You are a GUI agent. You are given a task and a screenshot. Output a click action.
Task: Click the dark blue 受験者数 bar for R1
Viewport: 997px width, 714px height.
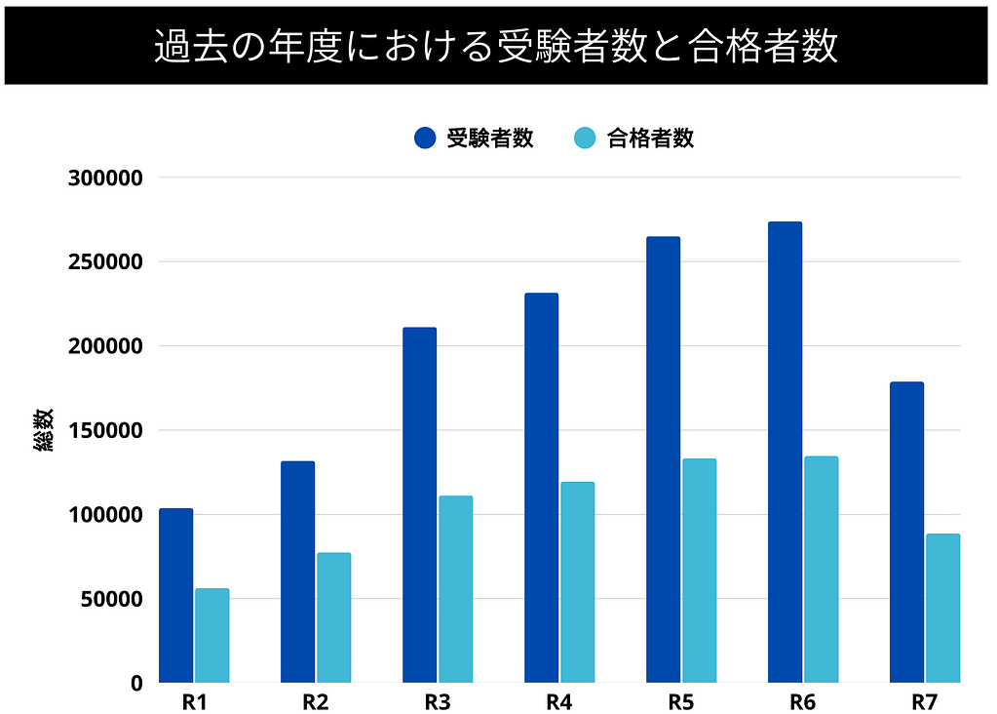pos(175,595)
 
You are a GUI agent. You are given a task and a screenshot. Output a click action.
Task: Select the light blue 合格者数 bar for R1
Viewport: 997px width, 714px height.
pos(211,635)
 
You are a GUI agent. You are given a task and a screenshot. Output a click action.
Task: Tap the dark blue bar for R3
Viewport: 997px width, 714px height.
pos(419,504)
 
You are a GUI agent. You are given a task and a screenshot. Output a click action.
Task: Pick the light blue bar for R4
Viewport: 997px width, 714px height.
pos(577,582)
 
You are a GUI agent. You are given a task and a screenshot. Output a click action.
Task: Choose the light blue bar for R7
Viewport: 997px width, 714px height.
pos(942,608)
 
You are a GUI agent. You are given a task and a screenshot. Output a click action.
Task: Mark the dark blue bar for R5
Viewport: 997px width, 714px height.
pos(663,459)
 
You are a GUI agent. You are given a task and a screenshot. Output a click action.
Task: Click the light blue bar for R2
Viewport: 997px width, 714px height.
pos(333,617)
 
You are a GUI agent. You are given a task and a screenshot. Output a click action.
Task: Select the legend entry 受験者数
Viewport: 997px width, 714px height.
pos(475,139)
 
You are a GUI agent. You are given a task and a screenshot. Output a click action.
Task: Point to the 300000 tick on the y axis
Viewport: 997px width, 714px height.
pos(106,178)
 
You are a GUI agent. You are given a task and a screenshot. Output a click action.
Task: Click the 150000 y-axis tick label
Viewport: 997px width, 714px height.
pos(106,430)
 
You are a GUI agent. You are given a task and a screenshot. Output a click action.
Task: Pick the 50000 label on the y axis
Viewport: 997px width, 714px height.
pos(111,599)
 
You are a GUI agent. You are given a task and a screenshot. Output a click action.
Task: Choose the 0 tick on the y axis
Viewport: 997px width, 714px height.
pos(137,683)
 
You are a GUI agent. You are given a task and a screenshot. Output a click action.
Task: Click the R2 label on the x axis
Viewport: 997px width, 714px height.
pos(315,701)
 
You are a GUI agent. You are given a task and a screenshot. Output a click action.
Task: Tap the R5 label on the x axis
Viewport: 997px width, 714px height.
pos(680,701)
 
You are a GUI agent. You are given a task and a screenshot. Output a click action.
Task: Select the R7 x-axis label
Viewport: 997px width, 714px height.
pos(924,701)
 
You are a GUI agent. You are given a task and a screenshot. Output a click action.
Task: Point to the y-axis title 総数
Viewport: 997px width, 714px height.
pos(45,430)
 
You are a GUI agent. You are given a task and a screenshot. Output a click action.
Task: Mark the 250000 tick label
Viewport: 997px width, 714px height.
pos(106,262)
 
